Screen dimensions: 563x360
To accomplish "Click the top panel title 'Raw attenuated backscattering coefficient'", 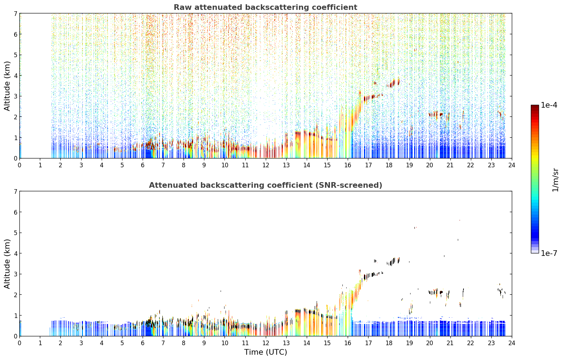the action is (265, 7).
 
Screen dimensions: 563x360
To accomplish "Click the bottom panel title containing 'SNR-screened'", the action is (265, 185).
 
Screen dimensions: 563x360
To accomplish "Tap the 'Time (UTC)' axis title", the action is (265, 352).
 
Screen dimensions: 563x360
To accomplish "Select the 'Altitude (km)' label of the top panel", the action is (7, 86).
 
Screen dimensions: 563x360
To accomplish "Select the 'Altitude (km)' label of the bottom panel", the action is (7, 264).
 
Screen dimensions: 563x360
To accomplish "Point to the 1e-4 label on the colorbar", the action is (549, 105).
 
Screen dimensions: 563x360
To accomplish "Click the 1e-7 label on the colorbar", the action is (549, 253).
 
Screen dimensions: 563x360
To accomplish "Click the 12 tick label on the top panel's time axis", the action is (266, 165).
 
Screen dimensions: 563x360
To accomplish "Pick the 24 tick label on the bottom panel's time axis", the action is (512, 343).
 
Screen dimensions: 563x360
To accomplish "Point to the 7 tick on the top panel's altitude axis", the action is (16, 13).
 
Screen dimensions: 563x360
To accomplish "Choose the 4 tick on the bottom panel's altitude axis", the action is (16, 253).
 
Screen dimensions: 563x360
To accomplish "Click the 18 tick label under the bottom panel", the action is (389, 343).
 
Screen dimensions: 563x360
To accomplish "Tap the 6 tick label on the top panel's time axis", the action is (143, 165).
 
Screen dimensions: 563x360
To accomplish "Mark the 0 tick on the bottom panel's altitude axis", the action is (16, 336).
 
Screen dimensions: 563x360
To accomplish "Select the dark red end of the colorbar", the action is (535, 107).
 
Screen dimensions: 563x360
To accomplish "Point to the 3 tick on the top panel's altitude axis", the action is (16, 96).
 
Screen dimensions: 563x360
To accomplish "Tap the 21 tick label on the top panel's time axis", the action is (450, 165).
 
